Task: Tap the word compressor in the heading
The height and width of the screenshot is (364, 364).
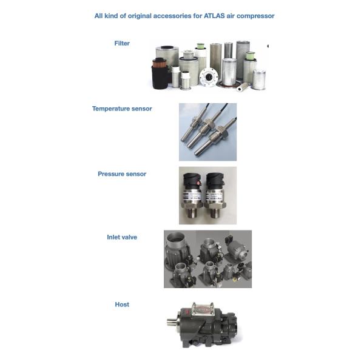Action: (254, 16)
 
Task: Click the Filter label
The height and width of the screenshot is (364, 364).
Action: (122, 43)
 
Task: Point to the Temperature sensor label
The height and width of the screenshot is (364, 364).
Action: (122, 109)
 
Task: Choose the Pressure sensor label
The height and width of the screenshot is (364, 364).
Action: (122, 174)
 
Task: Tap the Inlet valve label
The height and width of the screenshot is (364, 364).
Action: (122, 237)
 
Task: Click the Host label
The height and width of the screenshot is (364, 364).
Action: (122, 305)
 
